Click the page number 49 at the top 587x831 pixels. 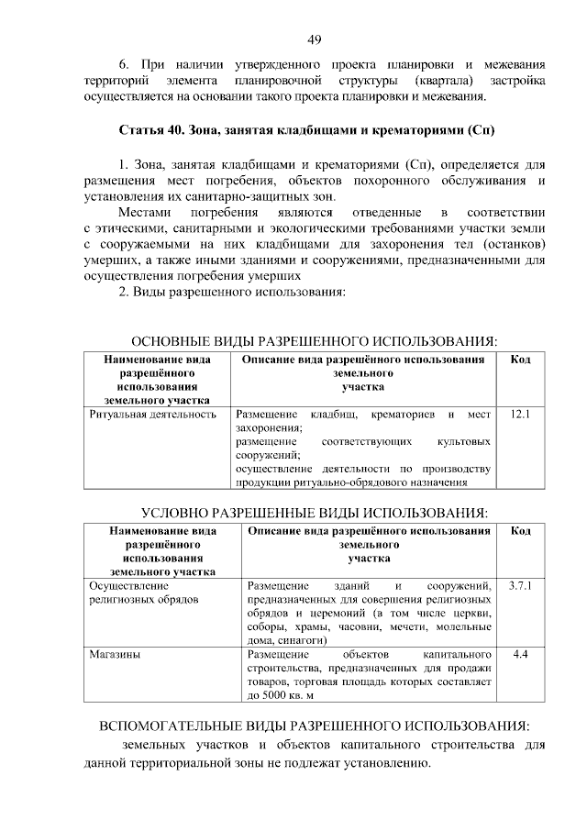[313, 39]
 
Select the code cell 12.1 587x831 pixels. [520, 414]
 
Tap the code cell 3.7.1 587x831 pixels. [520, 584]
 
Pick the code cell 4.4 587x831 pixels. [520, 654]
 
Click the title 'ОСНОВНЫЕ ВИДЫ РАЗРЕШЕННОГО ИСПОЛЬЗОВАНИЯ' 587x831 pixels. [313, 340]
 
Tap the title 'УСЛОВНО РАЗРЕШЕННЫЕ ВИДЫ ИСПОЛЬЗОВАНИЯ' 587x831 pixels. [313, 511]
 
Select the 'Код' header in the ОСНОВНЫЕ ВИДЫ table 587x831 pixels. [520, 360]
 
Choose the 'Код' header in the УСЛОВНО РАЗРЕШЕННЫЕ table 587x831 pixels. [520, 531]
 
